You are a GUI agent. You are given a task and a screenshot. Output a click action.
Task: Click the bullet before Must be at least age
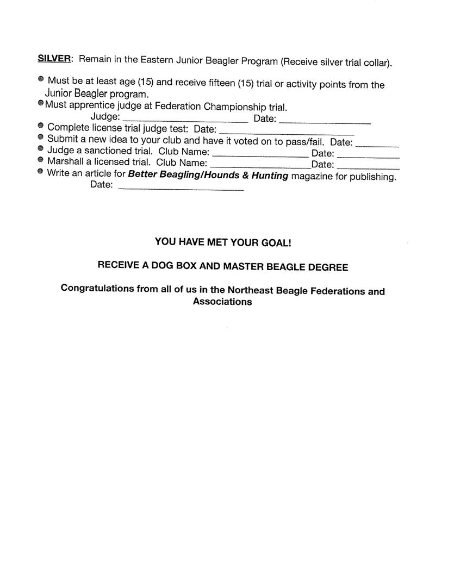41,79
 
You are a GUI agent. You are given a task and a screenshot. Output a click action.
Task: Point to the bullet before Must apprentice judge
41,103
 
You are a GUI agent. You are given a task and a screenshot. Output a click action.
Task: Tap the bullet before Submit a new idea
41,138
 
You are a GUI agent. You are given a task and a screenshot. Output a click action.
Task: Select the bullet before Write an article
41,172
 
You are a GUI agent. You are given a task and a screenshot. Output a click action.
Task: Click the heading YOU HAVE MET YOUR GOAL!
223,242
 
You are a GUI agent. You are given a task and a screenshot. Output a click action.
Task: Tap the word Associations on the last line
222,302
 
